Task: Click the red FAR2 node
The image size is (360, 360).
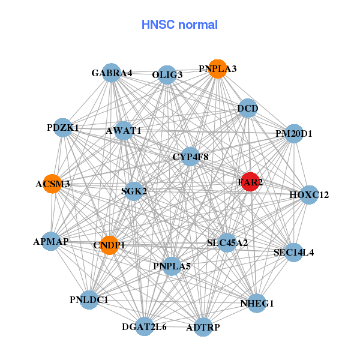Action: point(250,182)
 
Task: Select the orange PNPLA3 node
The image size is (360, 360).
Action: point(218,69)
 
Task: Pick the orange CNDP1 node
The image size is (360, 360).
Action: point(109,245)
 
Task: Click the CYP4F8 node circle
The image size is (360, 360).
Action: point(190,157)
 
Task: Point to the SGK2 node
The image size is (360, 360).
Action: point(134,191)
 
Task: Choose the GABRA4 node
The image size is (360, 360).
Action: point(112,73)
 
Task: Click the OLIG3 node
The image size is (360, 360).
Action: point(167,75)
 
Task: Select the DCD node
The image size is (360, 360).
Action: point(248,109)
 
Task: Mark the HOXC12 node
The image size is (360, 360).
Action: point(309,194)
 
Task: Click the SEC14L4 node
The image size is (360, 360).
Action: point(293,252)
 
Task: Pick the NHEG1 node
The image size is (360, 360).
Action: point(257,303)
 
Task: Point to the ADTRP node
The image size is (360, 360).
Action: point(203,327)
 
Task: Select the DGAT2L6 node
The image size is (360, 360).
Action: point(144,326)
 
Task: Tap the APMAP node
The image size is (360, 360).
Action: point(51,241)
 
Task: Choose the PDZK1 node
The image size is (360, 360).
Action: point(63,127)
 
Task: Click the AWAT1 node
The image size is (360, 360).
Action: point(124,130)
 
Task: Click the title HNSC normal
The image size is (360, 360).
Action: point(179,25)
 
